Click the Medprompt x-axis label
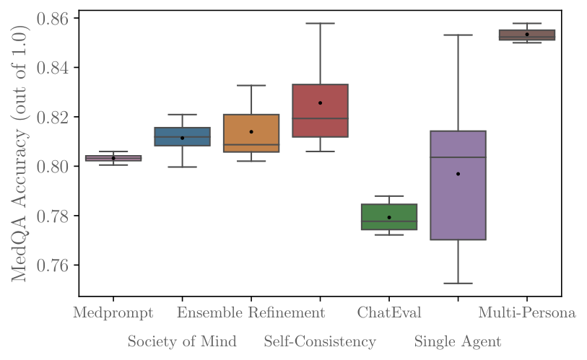tap(113, 313)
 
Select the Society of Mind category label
tap(182, 341)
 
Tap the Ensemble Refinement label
tap(251, 313)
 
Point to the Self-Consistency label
tap(320, 341)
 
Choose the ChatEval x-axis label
tap(389, 313)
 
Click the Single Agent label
tap(458, 341)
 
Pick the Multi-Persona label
tap(527, 313)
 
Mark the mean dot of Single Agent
tap(458, 174)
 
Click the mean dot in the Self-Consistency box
tap(320, 102)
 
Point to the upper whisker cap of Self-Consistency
tap(320, 23)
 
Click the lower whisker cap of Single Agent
tap(458, 284)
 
